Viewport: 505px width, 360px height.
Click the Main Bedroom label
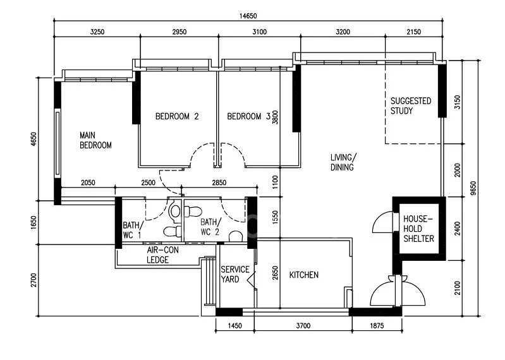pyautogui.click(x=95, y=140)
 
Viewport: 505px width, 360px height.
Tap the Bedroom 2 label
pyautogui.click(x=177, y=116)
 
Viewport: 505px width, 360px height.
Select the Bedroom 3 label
pyautogui.click(x=248, y=116)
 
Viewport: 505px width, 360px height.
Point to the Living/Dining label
pyautogui.click(x=343, y=162)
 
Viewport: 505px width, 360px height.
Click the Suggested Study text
pyautogui.click(x=411, y=106)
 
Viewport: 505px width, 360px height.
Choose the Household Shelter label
pyautogui.click(x=418, y=229)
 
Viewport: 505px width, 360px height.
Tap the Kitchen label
pyautogui.click(x=304, y=275)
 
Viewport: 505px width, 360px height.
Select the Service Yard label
pyautogui.click(x=234, y=274)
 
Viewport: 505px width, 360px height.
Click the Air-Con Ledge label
pyautogui.click(x=162, y=255)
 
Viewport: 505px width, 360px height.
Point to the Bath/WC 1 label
pyautogui.click(x=131, y=230)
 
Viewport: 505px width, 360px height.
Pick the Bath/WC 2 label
pyautogui.click(x=210, y=227)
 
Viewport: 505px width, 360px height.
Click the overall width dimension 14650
pyautogui.click(x=248, y=16)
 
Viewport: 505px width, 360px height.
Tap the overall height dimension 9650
pyautogui.click(x=473, y=188)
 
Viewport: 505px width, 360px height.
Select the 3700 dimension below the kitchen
pyautogui.click(x=303, y=326)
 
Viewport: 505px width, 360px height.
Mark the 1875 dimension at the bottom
pyautogui.click(x=377, y=326)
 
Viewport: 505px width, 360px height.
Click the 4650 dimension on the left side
pyautogui.click(x=34, y=139)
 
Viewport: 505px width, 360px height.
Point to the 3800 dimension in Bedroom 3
pyautogui.click(x=275, y=117)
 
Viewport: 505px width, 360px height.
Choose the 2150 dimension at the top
pyautogui.click(x=413, y=32)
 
